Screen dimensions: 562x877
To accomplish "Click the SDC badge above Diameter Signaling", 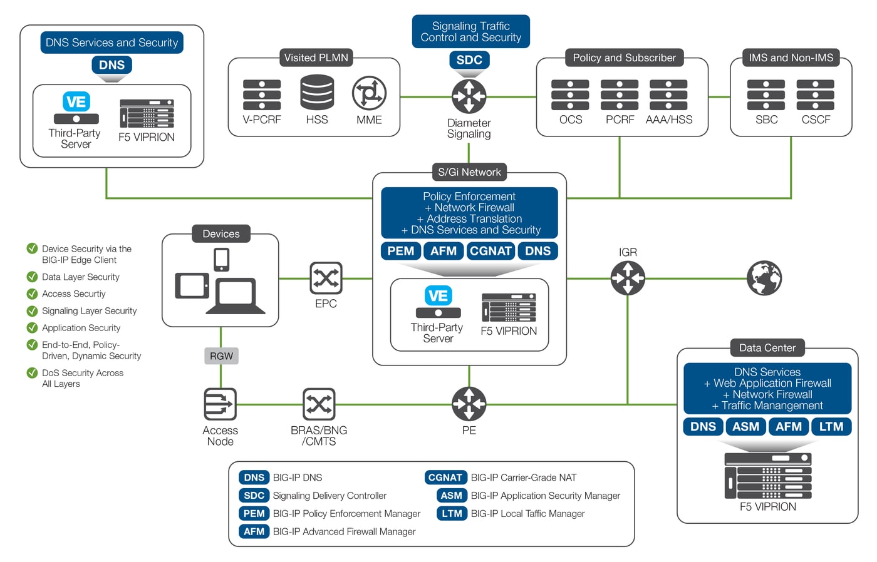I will (469, 60).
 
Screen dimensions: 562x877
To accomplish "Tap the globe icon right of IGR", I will (764, 278).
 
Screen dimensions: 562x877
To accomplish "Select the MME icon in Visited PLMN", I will (369, 94).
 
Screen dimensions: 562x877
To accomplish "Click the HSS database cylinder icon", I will (317, 93).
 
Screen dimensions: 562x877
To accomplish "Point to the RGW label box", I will (221, 356).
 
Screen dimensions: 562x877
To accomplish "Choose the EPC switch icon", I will (326, 278).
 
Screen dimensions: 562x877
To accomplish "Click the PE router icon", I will (469, 404).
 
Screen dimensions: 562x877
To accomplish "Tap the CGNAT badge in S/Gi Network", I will (490, 251).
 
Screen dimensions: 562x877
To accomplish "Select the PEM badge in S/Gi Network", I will (401, 251).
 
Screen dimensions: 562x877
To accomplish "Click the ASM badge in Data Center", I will (745, 427).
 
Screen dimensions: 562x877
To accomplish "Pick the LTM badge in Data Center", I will (831, 427).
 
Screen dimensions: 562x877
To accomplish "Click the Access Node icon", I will (221, 404).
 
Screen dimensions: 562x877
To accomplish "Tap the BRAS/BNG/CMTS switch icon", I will (319, 404).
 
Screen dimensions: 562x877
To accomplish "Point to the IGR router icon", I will (628, 278).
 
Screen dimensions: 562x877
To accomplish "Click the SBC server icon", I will (766, 95).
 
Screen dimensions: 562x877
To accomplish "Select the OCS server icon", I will (570, 95).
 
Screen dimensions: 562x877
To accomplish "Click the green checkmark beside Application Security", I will (32, 327).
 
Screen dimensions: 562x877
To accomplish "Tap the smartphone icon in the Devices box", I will (221, 259).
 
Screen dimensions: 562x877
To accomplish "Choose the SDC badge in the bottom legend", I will (254, 496).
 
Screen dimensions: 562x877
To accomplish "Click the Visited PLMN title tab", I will (316, 58).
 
